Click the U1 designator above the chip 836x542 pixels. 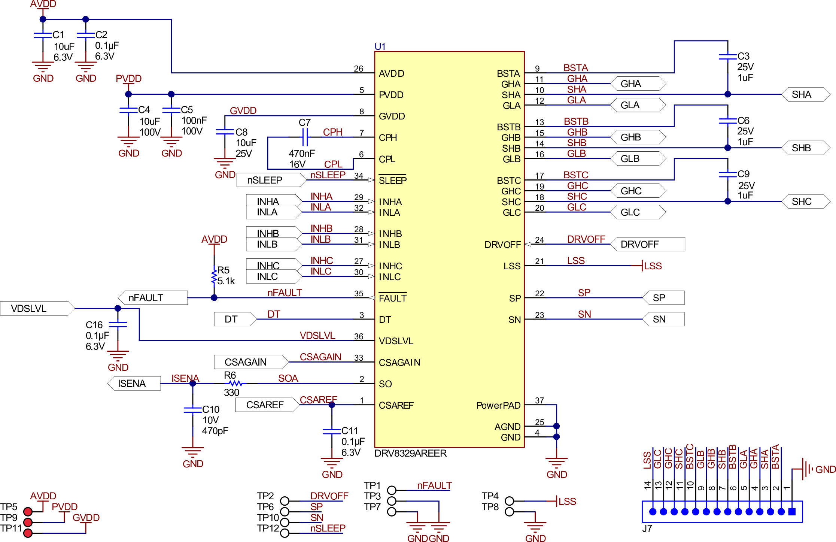pos(380,46)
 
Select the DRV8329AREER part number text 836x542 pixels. pos(410,453)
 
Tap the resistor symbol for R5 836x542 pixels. pos(214,276)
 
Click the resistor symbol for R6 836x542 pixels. pos(236,383)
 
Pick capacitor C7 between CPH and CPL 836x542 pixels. pos(305,137)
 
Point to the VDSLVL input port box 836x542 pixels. pos(37,308)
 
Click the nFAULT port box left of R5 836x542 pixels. pos(153,298)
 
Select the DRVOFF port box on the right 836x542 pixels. pos(647,244)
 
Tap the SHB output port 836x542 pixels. pos(805,148)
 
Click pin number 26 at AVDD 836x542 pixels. pos(358,69)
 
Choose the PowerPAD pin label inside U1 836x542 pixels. pos(498,405)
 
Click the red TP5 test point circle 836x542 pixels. pos(28,512)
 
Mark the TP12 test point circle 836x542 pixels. pos(285,533)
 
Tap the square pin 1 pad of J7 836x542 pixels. pos(791,512)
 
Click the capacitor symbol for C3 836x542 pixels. pos(727,57)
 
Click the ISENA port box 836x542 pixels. pos(134,383)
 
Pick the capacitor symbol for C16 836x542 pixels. pos(118,324)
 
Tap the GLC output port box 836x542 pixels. pos(638,212)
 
